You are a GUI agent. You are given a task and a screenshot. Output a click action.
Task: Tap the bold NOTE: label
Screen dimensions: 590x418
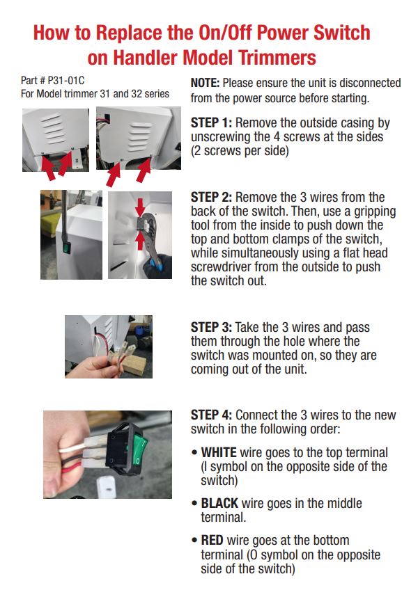[x=206, y=83]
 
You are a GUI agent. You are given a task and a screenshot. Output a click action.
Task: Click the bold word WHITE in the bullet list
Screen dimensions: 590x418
[x=219, y=452]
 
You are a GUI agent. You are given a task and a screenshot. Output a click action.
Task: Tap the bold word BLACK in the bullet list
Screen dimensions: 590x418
[x=219, y=503]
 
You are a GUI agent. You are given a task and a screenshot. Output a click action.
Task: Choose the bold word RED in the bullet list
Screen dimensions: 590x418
[x=212, y=540]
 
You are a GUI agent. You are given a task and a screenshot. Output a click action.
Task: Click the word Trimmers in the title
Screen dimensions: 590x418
[x=274, y=57]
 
